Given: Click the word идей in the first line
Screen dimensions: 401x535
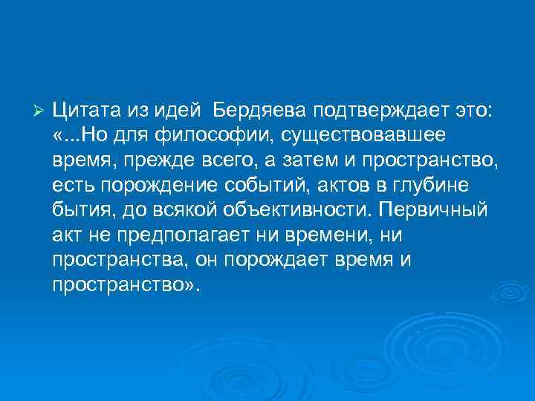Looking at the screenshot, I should click(175, 111).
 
